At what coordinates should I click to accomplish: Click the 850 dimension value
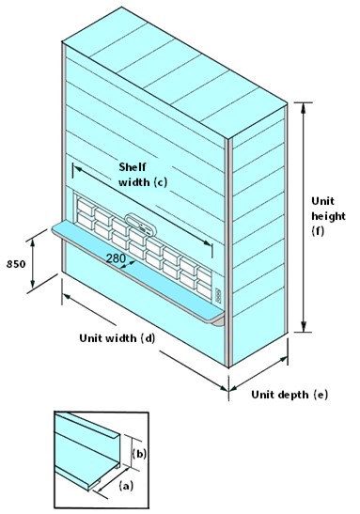tap(15, 263)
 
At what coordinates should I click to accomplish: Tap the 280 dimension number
tap(116, 258)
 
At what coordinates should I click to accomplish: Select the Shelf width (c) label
tap(143, 175)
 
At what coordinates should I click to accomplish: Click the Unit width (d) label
tap(117, 338)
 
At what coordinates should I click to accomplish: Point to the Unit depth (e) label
tap(290, 395)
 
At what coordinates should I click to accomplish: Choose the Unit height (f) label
tap(328, 216)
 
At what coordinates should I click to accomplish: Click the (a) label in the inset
tap(126, 486)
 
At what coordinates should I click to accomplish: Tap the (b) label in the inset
tap(139, 454)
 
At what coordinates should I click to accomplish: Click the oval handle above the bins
tap(139, 225)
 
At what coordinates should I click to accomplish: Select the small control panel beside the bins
tap(218, 296)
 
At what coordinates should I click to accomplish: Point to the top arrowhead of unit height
tap(304, 108)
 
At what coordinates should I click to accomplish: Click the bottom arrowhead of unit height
tap(304, 326)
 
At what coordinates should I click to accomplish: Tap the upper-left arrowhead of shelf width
tap(78, 169)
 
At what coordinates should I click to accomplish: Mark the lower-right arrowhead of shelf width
tap(207, 242)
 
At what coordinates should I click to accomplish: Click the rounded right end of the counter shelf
tap(219, 319)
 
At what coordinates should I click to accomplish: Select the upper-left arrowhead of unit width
tap(68, 297)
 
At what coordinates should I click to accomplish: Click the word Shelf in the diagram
tap(133, 167)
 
